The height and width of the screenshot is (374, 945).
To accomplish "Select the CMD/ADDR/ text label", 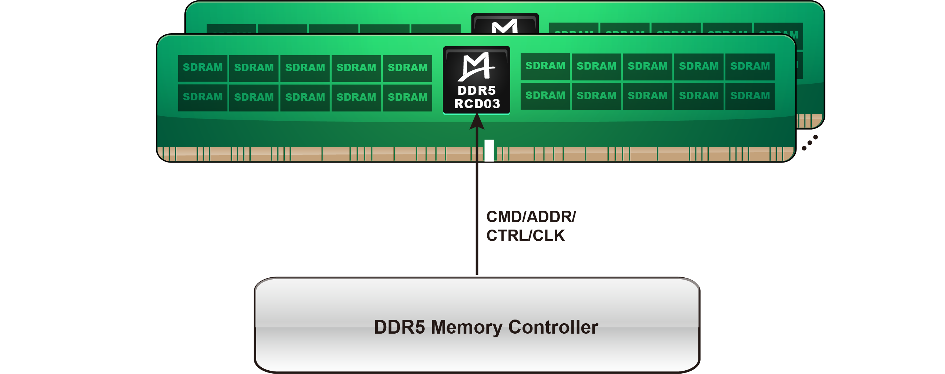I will click(531, 217).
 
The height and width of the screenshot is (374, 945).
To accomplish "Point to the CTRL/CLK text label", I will click(525, 236).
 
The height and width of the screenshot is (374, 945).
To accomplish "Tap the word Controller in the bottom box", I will click(553, 327).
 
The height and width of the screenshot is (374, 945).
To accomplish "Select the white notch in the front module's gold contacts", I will click(489, 150).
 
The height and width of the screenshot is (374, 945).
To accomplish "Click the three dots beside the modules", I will click(809, 143).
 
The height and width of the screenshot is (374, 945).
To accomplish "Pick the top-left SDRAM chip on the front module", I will click(203, 68).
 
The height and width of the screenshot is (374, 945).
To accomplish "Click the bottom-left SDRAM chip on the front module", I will click(203, 97).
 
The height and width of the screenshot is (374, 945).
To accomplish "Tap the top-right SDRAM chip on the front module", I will click(750, 66).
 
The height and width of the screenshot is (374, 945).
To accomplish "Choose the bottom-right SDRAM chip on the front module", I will click(750, 96).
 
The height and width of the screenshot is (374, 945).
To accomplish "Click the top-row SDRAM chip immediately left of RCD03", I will click(407, 68).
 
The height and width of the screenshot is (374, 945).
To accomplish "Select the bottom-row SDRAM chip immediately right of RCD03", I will click(545, 96).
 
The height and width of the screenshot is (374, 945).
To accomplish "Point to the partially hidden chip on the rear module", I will click(505, 24).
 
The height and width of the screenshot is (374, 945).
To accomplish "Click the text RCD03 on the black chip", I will click(477, 104).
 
